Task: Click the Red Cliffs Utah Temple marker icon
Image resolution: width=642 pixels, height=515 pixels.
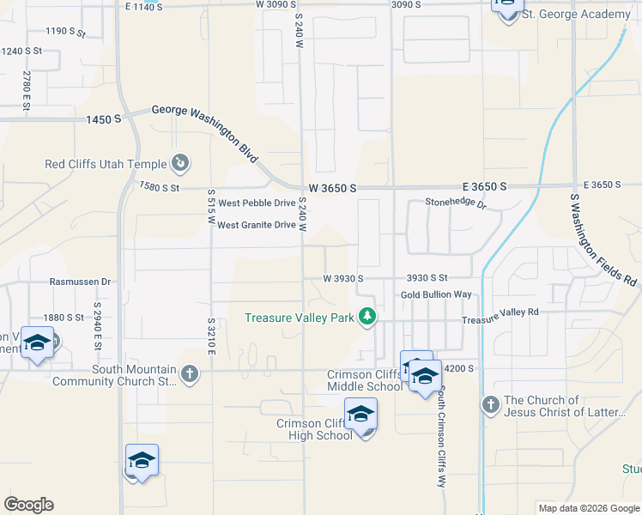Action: [180, 162]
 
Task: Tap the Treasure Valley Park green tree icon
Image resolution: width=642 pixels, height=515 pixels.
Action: [367, 318]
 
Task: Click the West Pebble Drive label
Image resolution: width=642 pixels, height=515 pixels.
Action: [256, 203]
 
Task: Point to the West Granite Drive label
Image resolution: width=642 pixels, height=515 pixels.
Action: [256, 225]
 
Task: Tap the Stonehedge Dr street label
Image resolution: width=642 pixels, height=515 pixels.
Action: [456, 204]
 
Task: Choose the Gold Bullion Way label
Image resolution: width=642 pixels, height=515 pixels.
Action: [436, 294]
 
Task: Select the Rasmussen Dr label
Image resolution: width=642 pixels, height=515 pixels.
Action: [81, 281]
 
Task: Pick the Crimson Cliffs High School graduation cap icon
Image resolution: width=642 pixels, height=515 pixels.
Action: [360, 415]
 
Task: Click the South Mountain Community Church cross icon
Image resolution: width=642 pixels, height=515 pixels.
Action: [189, 373]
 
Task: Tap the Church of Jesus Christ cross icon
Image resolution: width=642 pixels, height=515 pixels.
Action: [490, 403]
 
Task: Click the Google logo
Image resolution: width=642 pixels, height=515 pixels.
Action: [29, 505]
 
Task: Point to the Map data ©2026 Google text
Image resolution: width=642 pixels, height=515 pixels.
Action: [588, 508]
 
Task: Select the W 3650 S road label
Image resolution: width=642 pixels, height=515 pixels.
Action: [333, 188]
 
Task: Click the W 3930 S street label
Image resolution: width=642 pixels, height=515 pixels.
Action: [343, 279]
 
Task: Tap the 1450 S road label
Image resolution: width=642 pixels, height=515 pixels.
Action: [103, 120]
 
